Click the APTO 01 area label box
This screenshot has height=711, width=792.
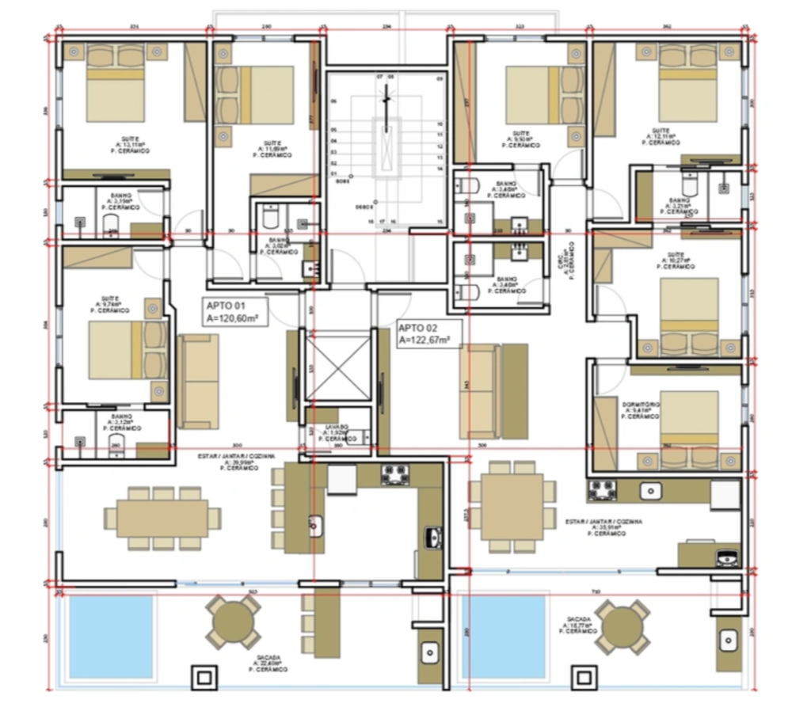click(235, 312)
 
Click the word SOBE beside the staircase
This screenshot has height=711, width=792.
click(341, 181)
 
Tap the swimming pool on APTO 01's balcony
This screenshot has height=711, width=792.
click(111, 636)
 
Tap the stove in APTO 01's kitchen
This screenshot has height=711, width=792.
click(395, 475)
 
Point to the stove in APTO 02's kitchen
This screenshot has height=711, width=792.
click(601, 490)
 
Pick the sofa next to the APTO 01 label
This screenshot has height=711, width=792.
click(198, 381)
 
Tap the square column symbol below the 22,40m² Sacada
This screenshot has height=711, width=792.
click(203, 678)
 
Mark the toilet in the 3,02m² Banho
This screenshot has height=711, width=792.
click(271, 216)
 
